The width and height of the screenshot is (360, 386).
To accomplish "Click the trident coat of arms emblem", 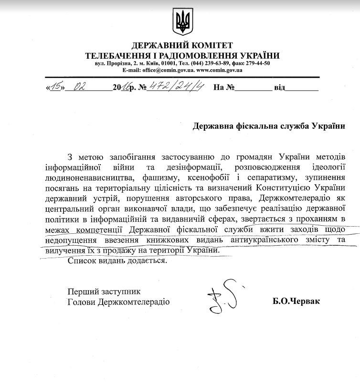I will [x=180, y=22].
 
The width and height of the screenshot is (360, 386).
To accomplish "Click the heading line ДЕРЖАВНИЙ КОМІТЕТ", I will [x=180, y=46].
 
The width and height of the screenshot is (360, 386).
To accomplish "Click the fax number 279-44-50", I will [x=257, y=63].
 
